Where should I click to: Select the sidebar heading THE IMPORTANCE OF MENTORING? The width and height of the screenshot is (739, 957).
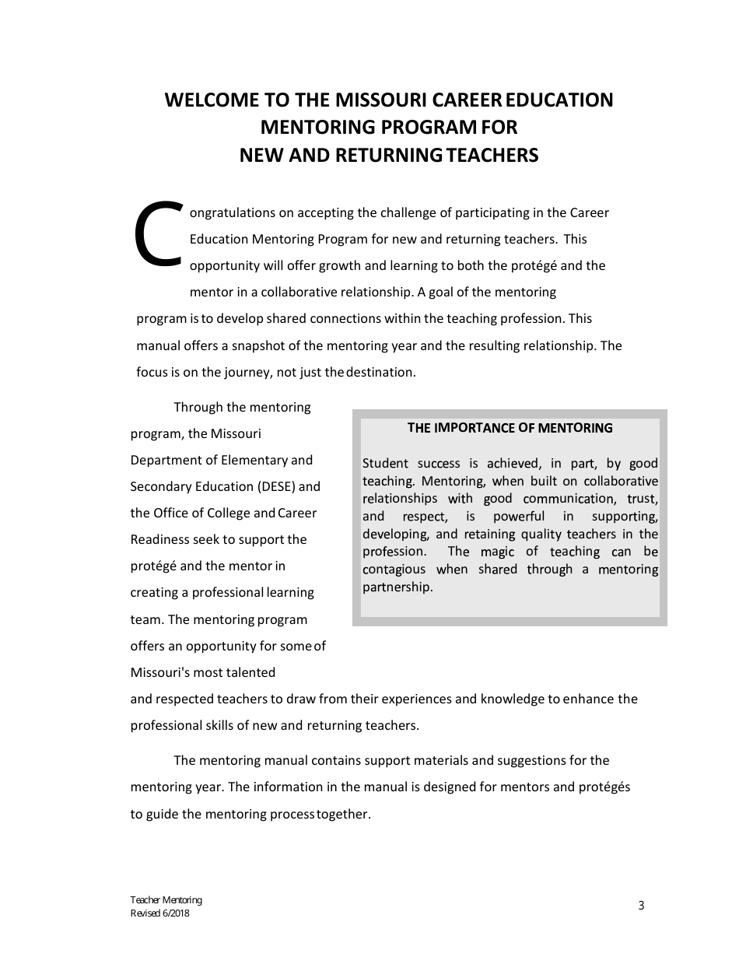(510, 428)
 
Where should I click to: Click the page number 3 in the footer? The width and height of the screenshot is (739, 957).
(641, 905)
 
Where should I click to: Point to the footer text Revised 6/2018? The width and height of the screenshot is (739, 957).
(159, 913)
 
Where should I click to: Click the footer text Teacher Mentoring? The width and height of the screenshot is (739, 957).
(166, 900)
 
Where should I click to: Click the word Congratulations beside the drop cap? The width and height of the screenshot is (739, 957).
(232, 212)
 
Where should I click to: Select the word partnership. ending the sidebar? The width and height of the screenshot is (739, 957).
(398, 587)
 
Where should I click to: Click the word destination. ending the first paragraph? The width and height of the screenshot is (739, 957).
(381, 372)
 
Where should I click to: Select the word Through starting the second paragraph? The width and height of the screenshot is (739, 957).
(198, 408)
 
